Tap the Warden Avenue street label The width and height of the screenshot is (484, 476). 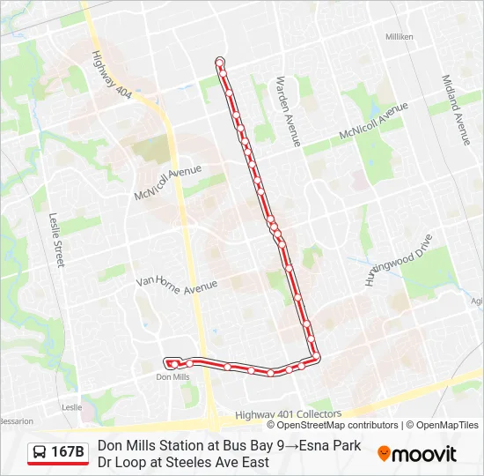[x=289, y=111]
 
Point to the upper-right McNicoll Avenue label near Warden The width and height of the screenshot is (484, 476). [x=374, y=122]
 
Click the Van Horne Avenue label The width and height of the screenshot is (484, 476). [x=176, y=283]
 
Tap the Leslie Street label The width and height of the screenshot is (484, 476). [x=58, y=239]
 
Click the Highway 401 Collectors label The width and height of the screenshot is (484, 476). [x=289, y=413]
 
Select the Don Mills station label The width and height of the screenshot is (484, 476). [x=172, y=377]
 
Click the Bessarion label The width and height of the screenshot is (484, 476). [x=16, y=421]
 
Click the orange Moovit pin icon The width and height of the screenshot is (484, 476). [x=384, y=454]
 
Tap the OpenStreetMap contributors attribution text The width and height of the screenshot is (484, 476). [x=338, y=425]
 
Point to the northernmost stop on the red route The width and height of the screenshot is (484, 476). [x=220, y=62]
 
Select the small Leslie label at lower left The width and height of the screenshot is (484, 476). [x=72, y=407]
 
